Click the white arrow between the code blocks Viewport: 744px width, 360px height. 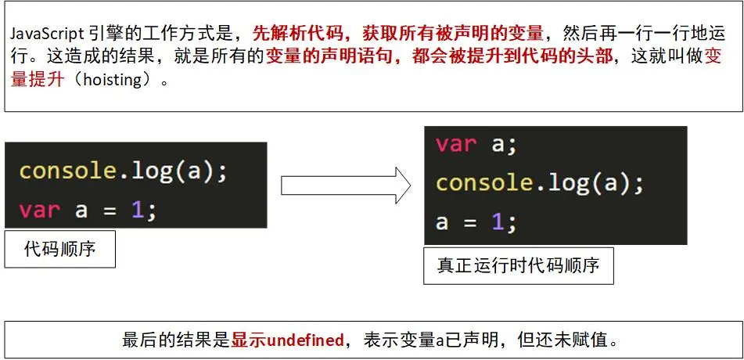(345, 185)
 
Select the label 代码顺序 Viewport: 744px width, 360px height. (60, 250)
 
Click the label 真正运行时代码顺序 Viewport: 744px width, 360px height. (518, 265)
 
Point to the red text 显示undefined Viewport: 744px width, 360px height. (287, 340)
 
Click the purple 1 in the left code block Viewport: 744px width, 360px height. (138, 210)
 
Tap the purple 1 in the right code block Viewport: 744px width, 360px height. (498, 221)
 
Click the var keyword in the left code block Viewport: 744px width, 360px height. (40, 210)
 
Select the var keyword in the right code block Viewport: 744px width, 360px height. (456, 143)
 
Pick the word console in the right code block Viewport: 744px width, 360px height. (484, 182)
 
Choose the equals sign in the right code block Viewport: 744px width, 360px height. (469, 221)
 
